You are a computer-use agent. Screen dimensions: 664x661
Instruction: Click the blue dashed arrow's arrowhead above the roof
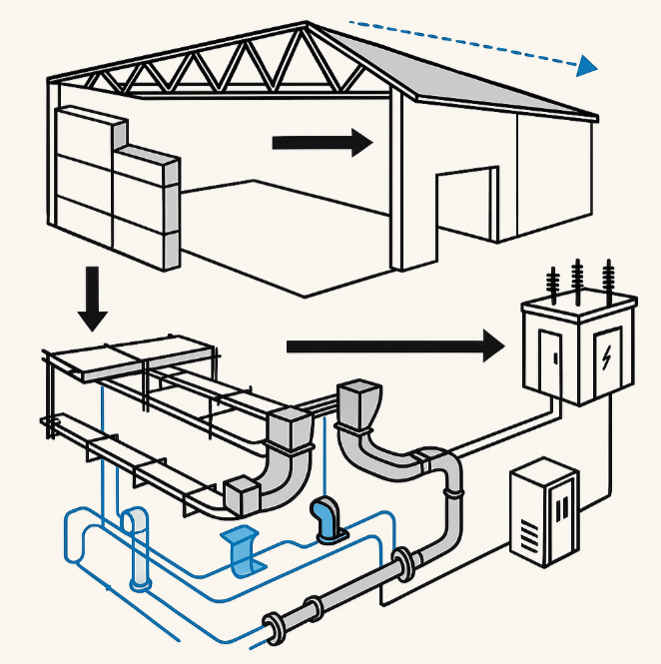(x=586, y=66)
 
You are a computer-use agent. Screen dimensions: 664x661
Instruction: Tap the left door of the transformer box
(x=550, y=360)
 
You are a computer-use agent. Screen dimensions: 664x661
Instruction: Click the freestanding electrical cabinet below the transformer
(x=544, y=512)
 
